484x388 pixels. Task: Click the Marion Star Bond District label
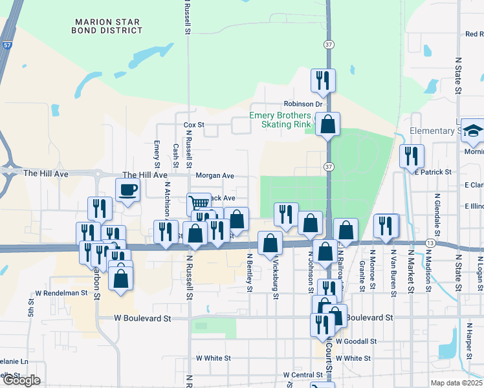click(107, 25)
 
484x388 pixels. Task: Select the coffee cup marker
click(127, 190)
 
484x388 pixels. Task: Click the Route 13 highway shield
click(430, 241)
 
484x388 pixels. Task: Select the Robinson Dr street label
click(303, 104)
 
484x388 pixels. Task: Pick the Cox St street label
click(193, 124)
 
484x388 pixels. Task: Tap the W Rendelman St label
click(61, 293)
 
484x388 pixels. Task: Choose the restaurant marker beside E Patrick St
click(412, 156)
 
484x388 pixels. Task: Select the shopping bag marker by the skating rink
click(328, 124)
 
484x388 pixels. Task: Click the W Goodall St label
click(355, 341)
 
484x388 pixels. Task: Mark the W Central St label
click(303, 375)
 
